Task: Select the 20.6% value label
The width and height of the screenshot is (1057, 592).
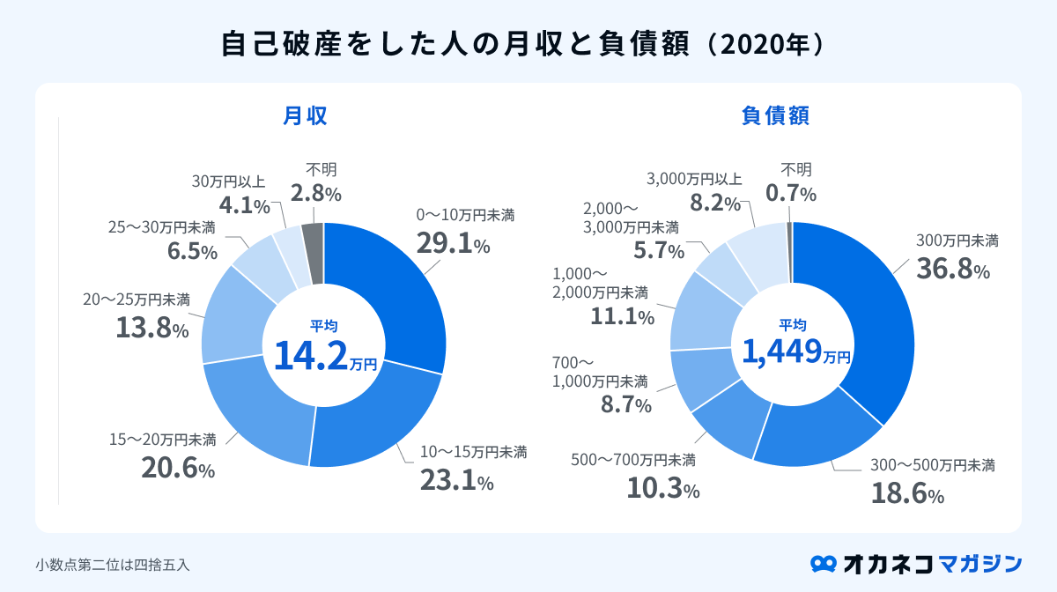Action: (178, 466)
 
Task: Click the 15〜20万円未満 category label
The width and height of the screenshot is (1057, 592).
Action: (162, 439)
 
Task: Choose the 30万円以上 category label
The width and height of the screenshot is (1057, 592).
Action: (228, 181)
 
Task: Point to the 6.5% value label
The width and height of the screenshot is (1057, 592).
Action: (192, 250)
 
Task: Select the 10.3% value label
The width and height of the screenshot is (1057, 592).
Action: (663, 487)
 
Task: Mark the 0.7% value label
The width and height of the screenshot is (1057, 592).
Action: (791, 193)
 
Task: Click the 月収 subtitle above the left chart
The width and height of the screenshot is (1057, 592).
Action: (305, 115)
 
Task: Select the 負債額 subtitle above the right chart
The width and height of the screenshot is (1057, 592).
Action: (775, 115)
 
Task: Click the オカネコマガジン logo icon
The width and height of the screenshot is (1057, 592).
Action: (823, 563)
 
